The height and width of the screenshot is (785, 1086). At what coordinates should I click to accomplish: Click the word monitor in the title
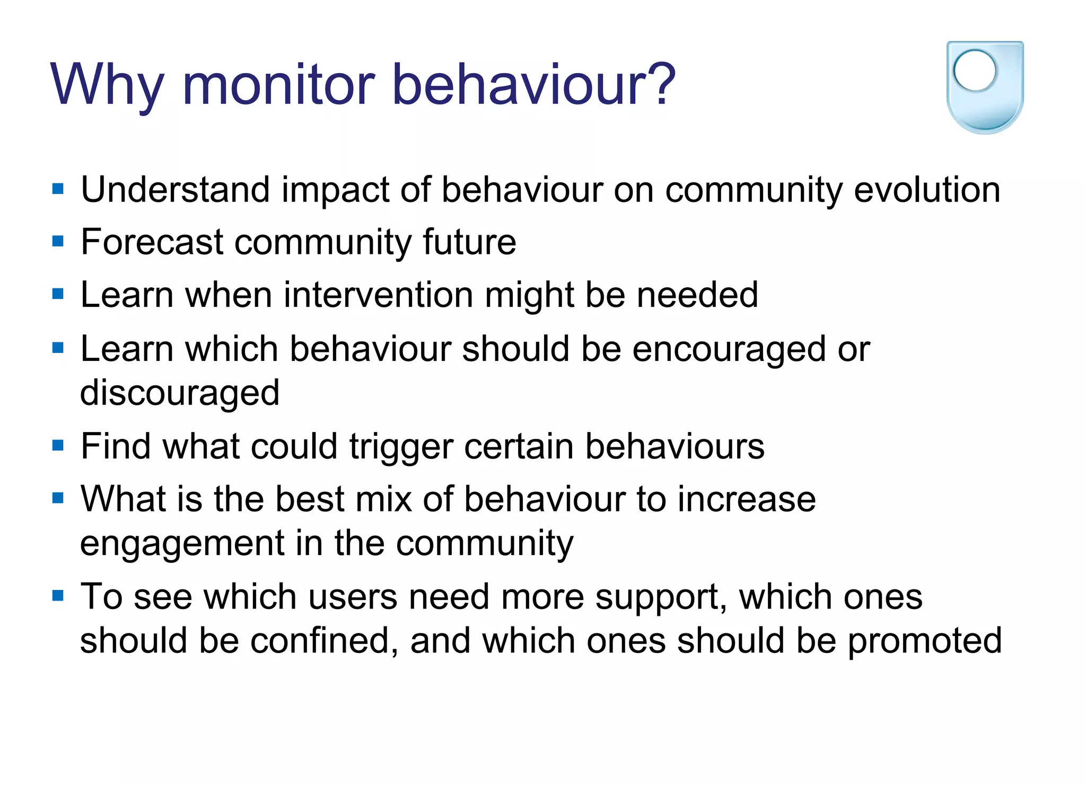278,85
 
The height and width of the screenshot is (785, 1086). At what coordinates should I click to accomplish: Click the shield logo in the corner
985,87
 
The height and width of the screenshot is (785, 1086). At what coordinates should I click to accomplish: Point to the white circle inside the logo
975,70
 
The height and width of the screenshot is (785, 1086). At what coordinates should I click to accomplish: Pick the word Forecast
152,242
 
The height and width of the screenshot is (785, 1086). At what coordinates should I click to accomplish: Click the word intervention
379,295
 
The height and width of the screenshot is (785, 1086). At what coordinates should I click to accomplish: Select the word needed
697,295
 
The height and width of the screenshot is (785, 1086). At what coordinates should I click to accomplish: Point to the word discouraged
180,393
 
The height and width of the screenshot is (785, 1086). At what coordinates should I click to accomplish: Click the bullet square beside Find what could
58,445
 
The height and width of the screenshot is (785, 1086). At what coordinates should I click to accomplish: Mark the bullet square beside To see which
58,595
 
